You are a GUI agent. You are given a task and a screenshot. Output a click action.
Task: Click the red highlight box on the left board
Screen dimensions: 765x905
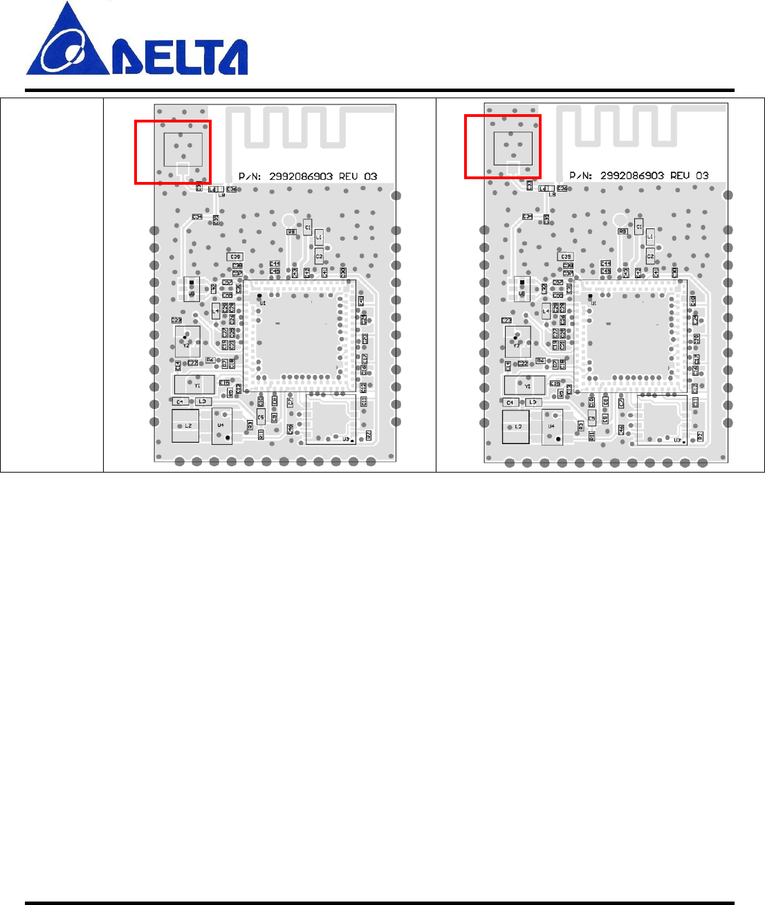(x=173, y=152)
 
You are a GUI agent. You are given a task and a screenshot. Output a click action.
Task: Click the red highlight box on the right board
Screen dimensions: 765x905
(x=503, y=147)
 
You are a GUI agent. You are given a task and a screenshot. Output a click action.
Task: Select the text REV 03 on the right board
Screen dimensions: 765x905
(x=689, y=176)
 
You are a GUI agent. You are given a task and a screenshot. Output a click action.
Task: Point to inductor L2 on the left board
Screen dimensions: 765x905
(x=186, y=426)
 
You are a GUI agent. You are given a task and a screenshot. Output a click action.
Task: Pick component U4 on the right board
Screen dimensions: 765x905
(x=552, y=427)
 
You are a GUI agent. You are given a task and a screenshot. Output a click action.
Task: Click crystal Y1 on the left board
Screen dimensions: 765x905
(x=195, y=384)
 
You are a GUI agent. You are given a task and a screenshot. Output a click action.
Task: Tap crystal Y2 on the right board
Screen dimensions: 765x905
(x=517, y=340)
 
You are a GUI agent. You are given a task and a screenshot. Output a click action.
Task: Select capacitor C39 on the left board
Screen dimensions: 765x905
(x=236, y=257)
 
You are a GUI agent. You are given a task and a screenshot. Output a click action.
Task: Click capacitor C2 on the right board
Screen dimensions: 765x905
(x=650, y=257)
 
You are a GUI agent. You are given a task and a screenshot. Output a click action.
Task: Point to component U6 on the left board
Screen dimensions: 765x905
(x=192, y=289)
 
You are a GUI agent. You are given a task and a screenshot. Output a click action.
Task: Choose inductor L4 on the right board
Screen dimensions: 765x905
(x=546, y=311)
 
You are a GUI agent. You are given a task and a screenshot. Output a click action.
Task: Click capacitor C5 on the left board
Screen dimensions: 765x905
(x=261, y=417)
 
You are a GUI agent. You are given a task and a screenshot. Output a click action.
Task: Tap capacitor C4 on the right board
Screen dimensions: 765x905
(x=511, y=402)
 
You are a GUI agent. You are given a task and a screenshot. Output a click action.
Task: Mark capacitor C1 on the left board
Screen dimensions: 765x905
(x=308, y=226)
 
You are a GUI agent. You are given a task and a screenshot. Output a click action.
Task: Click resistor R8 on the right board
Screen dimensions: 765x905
(x=623, y=232)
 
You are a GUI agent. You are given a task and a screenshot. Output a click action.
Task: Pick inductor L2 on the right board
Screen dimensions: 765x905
(x=517, y=426)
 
